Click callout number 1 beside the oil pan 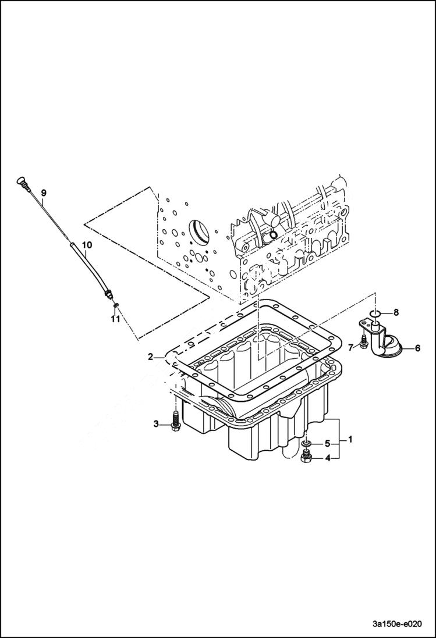[350, 437]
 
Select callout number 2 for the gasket [151, 357]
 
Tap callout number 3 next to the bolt [156, 424]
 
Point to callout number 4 [328, 458]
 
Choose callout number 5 [328, 443]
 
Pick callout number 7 [351, 348]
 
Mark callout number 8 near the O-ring [396, 312]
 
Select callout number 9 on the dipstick [43, 193]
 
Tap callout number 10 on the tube [86, 245]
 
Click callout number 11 [116, 319]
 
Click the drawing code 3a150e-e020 [396, 622]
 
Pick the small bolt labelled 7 [364, 342]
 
